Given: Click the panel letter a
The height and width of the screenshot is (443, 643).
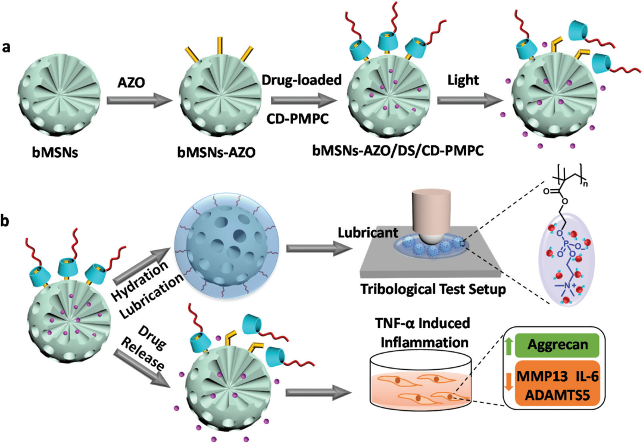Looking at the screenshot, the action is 6,48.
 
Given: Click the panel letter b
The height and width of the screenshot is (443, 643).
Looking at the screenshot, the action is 6,221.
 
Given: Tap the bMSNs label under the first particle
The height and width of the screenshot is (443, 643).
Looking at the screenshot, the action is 55,153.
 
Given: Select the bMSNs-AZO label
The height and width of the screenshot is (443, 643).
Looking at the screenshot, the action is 217,153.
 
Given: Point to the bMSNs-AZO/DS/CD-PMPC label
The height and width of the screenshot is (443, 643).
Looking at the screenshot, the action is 398,151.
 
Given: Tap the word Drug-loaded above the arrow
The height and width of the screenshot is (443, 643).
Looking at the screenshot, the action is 302,80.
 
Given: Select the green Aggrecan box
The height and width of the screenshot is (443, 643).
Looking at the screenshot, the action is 557,345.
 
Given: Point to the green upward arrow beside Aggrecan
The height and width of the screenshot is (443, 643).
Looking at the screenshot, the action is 508,345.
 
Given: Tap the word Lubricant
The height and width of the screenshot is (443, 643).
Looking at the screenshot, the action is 368,233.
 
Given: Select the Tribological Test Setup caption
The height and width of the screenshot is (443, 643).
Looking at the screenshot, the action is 433,289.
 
